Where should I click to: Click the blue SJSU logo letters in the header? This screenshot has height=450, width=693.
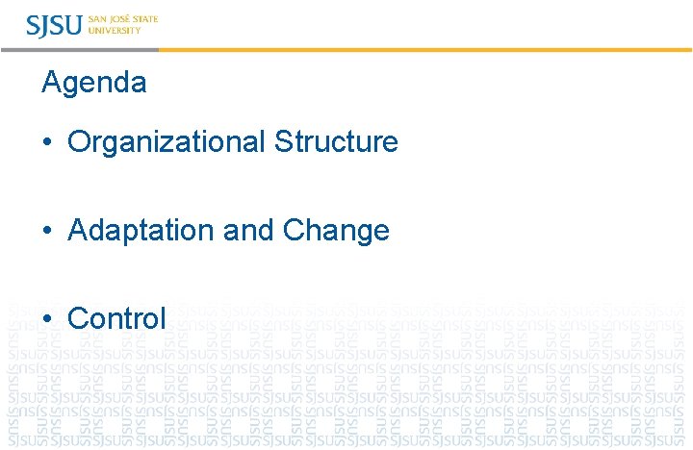click(x=55, y=25)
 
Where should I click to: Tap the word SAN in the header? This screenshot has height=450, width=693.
click(x=97, y=19)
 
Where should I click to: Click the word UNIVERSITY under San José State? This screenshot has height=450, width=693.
click(x=114, y=31)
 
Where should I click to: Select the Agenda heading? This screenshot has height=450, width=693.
click(x=94, y=84)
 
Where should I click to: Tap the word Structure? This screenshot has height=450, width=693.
click(x=336, y=142)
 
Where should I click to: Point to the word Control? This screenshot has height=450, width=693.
click(x=116, y=318)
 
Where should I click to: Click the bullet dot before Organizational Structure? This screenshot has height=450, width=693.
click(x=46, y=143)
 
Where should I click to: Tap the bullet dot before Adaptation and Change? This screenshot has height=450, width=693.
click(x=46, y=232)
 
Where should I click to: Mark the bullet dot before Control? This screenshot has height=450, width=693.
click(x=46, y=319)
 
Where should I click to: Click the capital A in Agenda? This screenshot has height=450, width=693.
click(x=51, y=84)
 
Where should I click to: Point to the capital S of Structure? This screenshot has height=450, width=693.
click(x=283, y=142)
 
